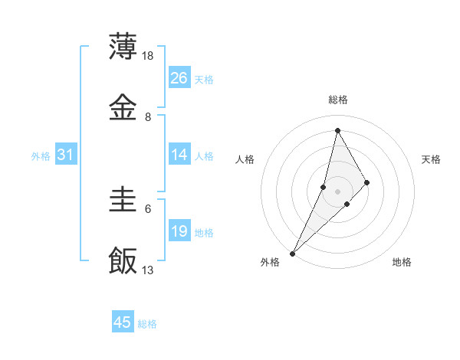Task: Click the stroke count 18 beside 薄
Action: (149, 55)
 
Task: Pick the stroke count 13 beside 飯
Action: (149, 270)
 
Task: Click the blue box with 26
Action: (179, 78)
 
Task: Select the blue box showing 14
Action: (179, 155)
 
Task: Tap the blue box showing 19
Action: (179, 231)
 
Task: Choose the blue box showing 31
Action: (66, 155)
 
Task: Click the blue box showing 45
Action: (123, 322)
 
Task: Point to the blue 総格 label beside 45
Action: (147, 324)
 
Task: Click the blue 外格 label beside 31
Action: (41, 156)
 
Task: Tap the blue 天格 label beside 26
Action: (204, 80)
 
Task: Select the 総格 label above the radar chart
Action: (337, 100)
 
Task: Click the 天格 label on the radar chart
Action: (431, 159)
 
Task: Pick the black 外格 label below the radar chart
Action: (270, 263)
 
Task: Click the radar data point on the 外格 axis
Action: (292, 253)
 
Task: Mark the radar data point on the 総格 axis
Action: (337, 130)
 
